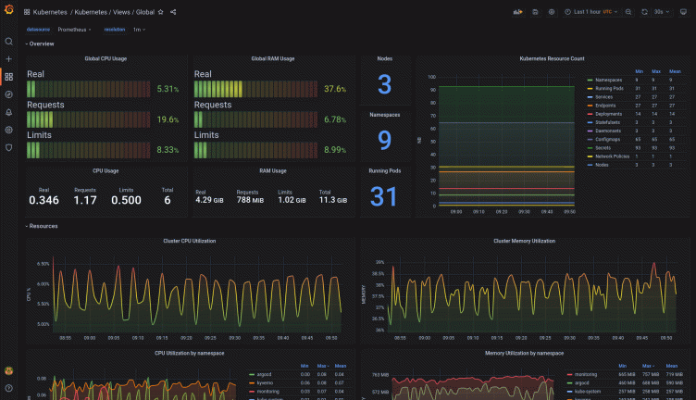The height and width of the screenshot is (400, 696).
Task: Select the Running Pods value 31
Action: (x=384, y=196)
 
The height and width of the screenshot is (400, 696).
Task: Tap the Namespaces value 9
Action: (x=384, y=140)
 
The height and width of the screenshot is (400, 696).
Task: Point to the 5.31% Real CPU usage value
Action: (x=168, y=89)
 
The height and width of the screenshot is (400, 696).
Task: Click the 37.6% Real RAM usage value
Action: (x=335, y=89)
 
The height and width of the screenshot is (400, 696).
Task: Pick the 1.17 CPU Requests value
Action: (x=85, y=200)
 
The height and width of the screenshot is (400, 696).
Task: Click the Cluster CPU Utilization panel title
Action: (x=190, y=241)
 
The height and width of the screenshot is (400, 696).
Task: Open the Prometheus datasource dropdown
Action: (x=75, y=30)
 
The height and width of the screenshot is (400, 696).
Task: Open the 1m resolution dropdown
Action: (x=139, y=30)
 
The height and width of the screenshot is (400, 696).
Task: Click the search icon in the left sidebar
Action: (x=9, y=42)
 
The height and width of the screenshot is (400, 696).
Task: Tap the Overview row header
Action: (x=40, y=44)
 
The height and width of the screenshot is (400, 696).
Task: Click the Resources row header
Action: (x=43, y=226)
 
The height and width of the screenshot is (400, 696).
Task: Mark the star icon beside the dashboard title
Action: (x=161, y=12)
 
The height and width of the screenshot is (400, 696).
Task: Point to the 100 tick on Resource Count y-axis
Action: (x=431, y=77)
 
